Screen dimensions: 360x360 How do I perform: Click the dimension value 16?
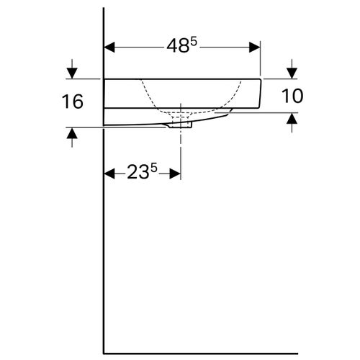coord(72,102)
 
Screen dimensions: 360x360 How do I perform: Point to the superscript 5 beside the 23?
coord(154,169)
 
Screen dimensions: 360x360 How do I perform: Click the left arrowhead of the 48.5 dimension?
coord(110,48)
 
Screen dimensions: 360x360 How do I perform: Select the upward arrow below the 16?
coord(71,134)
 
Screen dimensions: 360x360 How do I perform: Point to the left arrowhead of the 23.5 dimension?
coord(110,174)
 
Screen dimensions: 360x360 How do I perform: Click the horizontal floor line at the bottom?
coord(230,354)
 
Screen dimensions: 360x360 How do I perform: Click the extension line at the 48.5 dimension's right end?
coord(260,58)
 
